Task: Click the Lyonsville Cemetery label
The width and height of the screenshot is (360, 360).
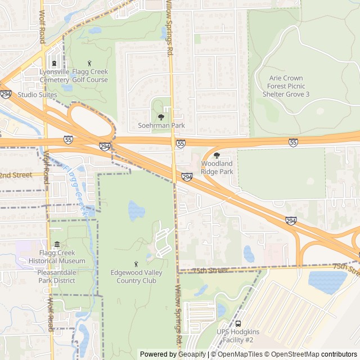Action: tap(55, 76)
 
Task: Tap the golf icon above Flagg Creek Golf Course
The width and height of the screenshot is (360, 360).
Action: tap(89, 63)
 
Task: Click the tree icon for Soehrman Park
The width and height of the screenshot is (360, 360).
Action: tap(161, 117)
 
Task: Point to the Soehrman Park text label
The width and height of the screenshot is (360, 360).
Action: tap(161, 125)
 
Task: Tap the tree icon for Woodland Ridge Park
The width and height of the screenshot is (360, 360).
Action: tap(217, 155)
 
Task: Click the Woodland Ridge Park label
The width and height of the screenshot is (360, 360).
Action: tap(217, 168)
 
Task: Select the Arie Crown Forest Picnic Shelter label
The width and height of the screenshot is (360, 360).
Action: tap(286, 86)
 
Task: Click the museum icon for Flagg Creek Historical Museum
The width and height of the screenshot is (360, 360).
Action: tap(57, 245)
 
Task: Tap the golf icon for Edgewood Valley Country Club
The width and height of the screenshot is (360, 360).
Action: tap(136, 264)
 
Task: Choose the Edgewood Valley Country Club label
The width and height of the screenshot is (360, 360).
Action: tap(134, 277)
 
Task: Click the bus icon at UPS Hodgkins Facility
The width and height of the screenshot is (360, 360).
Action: tap(238, 324)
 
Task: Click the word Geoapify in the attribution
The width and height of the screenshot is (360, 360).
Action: tap(192, 354)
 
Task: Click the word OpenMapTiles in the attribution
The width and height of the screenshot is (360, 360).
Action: tap(237, 354)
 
